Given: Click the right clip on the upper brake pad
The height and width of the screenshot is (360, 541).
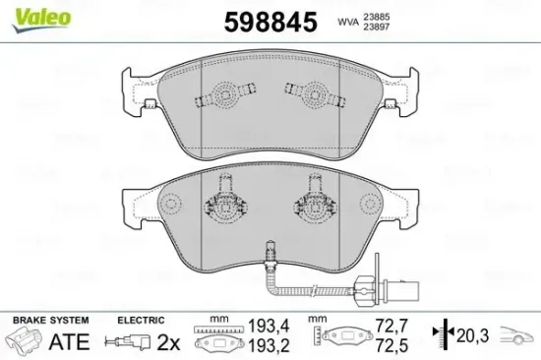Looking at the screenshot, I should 312,95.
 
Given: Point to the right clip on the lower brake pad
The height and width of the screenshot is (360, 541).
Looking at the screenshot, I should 312,203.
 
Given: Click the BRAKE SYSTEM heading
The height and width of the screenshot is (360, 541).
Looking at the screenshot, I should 48,321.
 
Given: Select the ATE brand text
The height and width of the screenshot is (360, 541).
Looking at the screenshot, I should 68,342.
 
